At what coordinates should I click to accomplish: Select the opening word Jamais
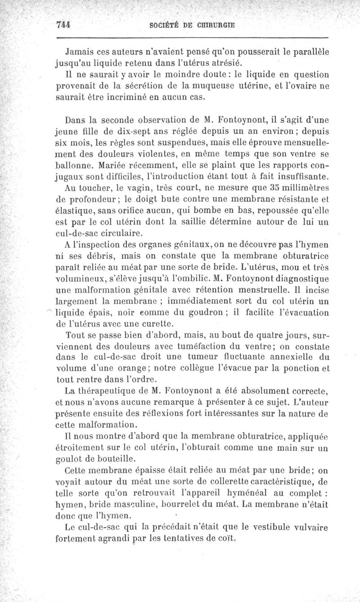79,52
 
